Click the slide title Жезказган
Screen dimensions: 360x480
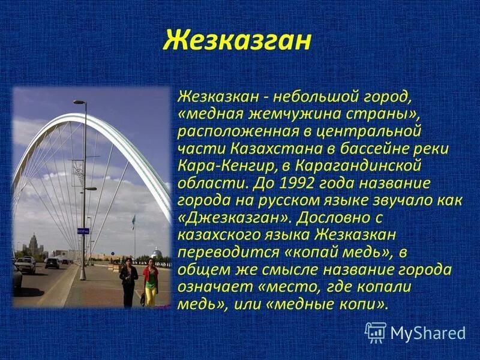pos(238,41)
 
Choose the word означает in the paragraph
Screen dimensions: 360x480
pos(209,287)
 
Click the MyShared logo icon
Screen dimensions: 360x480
pos(376,332)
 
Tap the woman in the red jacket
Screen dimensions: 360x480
pos(151,282)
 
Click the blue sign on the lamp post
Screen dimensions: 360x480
pos(83,230)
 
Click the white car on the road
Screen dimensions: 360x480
pos(25,265)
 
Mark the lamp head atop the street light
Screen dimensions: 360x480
pos(79,102)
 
